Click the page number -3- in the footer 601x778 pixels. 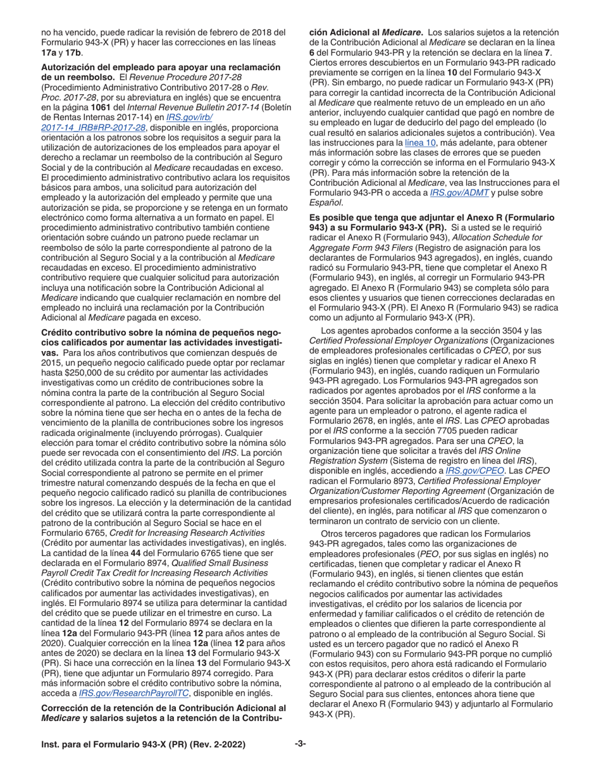(x=300, y=744)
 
